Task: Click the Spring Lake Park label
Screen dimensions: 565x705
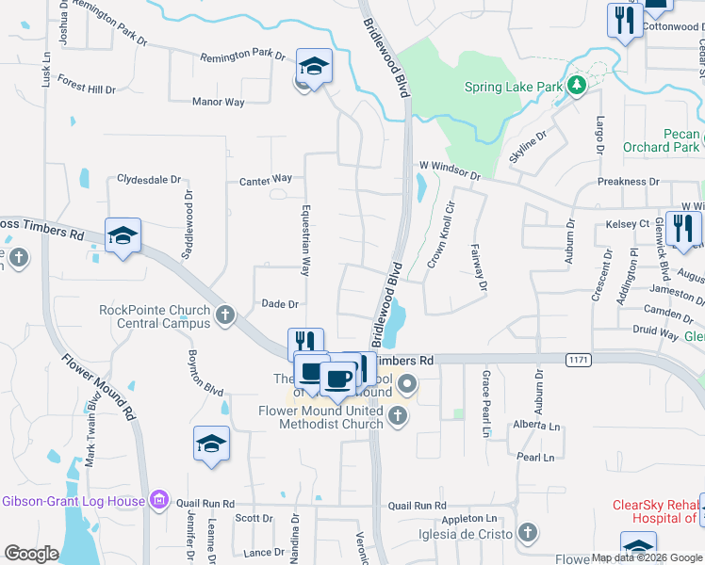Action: coord(513,88)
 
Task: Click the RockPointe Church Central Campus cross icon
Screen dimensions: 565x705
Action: coord(224,315)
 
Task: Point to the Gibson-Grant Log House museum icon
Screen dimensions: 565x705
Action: coord(159,501)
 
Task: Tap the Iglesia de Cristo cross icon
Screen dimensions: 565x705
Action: coord(527,534)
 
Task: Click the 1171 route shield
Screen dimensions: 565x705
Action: coord(579,360)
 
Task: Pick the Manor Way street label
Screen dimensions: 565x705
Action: coord(218,102)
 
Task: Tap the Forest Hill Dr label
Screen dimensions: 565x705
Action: coord(86,89)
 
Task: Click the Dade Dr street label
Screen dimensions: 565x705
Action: coord(280,304)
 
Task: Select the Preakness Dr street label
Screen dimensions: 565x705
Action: coord(628,182)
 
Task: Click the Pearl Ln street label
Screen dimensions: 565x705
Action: coord(535,457)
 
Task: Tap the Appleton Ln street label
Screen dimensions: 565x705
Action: coord(468,519)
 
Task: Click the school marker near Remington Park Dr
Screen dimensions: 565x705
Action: coord(314,66)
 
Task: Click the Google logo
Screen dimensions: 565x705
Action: coord(31,554)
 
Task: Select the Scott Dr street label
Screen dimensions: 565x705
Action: coord(254,518)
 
